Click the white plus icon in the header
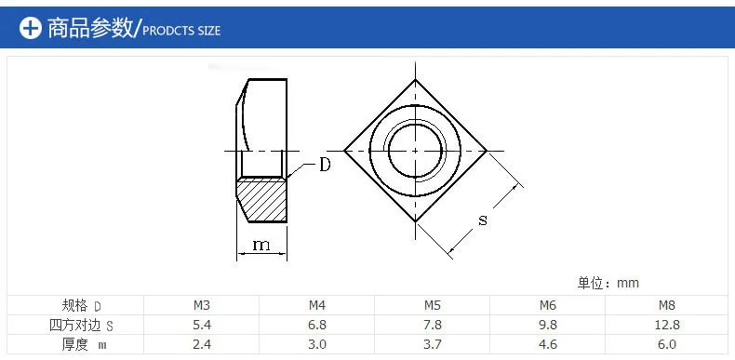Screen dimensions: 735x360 pyautogui.click(x=31, y=28)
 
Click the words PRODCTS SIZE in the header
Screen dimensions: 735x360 pyautogui.click(x=181, y=31)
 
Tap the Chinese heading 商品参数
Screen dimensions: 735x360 pyautogui.click(x=91, y=28)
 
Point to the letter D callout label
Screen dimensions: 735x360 pyautogui.click(x=325, y=165)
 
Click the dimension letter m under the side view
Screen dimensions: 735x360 pyautogui.click(x=261, y=245)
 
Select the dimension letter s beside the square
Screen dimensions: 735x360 pyautogui.click(x=483, y=220)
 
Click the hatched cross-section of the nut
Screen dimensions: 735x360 pyautogui.click(x=261, y=200)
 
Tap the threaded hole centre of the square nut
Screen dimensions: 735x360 pyautogui.click(x=415, y=151)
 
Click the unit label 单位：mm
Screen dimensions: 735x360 pyautogui.click(x=608, y=283)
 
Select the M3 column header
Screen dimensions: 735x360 pyautogui.click(x=202, y=306)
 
